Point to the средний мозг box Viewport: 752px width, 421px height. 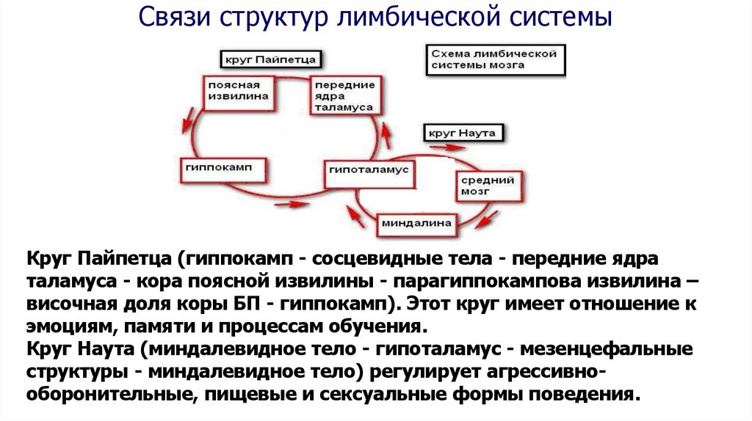point(488,186)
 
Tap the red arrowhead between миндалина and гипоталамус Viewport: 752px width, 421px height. point(355,216)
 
